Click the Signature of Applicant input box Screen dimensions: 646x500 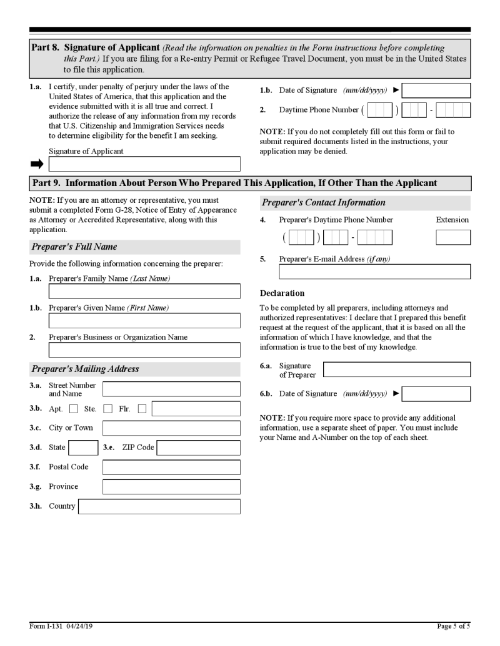[144, 164]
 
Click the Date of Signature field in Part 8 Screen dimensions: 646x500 [436, 91]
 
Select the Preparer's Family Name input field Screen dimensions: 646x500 [144, 291]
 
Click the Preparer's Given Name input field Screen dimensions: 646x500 [144, 321]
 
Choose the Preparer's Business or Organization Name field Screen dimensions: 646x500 [144, 350]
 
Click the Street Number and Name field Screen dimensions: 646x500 [171, 389]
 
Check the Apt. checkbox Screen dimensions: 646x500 [74, 409]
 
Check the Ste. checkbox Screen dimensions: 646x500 [107, 409]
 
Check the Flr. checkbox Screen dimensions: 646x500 [142, 409]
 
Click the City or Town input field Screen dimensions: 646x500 [171, 428]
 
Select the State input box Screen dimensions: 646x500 [83, 448]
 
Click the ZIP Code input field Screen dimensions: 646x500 [198, 448]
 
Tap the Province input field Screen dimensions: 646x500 [171, 487]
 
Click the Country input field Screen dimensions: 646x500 [159, 506]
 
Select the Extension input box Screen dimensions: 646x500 [453, 238]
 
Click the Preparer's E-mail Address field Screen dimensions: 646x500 [374, 272]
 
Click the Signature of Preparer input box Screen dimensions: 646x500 [397, 369]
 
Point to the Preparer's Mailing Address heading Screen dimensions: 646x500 [86, 369]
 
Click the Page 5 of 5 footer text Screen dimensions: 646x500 [453, 626]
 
